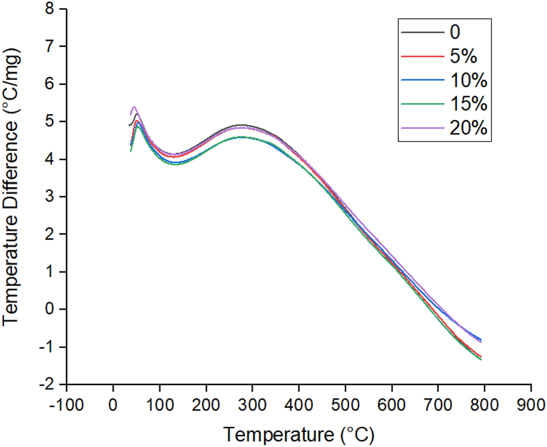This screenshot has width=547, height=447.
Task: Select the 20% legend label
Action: click(469, 129)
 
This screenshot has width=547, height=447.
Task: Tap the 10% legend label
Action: click(469, 82)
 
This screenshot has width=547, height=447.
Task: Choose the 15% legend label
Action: click(469, 105)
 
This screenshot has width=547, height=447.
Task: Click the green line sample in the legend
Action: click(418, 105)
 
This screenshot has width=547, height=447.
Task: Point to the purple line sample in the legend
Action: click(418, 129)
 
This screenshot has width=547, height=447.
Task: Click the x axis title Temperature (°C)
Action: click(298, 433)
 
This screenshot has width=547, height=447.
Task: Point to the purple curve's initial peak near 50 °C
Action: click(134, 107)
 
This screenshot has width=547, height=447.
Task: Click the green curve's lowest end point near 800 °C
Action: click(481, 360)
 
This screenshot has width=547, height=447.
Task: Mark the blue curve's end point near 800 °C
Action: click(481, 340)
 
